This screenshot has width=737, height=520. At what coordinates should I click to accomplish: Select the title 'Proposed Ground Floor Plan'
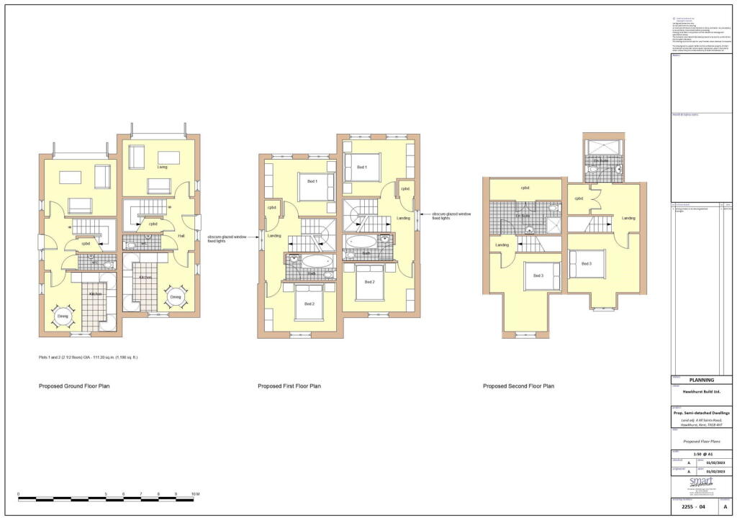[x=74, y=386]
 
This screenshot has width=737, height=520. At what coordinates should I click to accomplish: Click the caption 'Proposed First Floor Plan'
[x=289, y=386]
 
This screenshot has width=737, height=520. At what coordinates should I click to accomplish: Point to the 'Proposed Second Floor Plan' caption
[x=518, y=386]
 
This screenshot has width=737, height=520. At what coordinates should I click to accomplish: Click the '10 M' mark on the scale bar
[x=196, y=495]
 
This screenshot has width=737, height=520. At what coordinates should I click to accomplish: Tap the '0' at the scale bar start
[x=19, y=495]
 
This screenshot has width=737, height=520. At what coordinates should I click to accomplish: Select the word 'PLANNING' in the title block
[x=701, y=380]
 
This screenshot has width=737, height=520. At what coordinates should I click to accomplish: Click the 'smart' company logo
[x=701, y=482]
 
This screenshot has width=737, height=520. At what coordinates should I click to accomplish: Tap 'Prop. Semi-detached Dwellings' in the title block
[x=701, y=413]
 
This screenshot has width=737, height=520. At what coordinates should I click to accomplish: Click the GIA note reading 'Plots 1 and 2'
[x=88, y=357]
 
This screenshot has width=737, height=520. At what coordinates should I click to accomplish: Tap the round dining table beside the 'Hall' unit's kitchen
[x=176, y=296]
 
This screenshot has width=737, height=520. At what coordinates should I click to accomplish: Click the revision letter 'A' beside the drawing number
[x=724, y=506]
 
